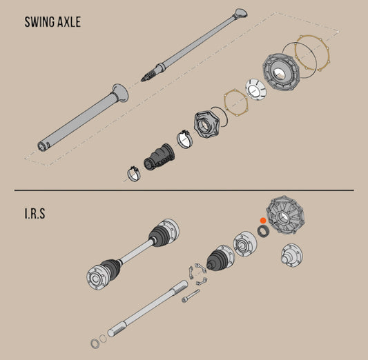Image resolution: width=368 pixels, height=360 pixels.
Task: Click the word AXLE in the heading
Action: (x=67, y=21)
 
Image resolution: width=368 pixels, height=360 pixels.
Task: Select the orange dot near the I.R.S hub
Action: (x=262, y=220)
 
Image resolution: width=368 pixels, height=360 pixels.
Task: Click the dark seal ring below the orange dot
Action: (x=262, y=229)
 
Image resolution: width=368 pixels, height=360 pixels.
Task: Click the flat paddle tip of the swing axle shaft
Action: (x=241, y=13)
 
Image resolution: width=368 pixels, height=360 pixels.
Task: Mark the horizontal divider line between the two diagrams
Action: (x=184, y=190)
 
